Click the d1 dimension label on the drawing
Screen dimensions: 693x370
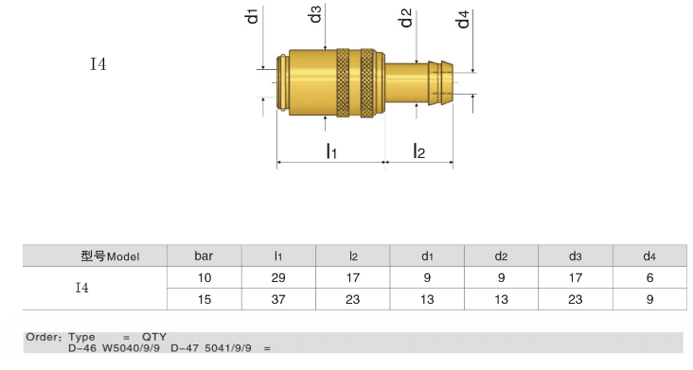click(x=252, y=15)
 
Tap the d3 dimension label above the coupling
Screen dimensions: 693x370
click(x=314, y=14)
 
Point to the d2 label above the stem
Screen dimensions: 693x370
click(x=406, y=19)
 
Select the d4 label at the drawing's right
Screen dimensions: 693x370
click(x=463, y=20)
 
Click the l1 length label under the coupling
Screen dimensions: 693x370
click(x=331, y=150)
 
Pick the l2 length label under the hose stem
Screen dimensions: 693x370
click(x=418, y=150)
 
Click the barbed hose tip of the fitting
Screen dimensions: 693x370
click(x=440, y=82)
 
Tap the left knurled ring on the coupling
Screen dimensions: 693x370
click(x=343, y=82)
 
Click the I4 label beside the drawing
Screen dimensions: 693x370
click(x=98, y=64)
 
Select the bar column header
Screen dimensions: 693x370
click(x=204, y=255)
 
